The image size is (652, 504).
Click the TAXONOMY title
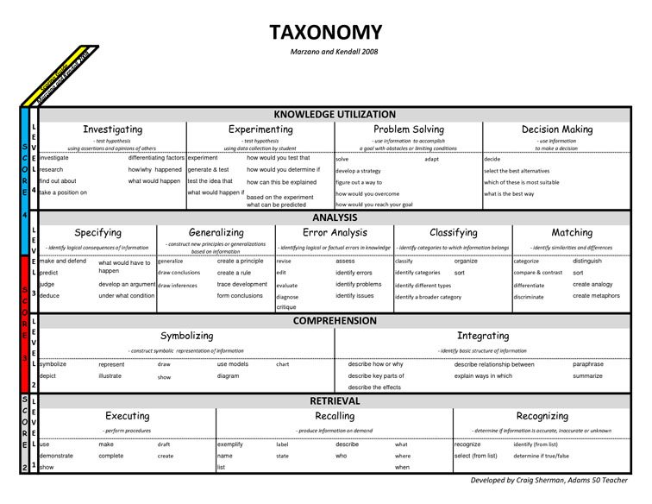pos(325,33)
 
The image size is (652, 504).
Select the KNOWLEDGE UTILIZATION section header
pos(335,115)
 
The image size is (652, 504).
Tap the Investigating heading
pos(112,129)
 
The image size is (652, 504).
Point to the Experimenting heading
pos(260,129)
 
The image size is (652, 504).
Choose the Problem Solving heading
pos(409,129)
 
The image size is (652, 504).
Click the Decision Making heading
pos(557,129)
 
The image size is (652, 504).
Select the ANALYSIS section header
pos(335,217)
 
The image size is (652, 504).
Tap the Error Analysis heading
pos(335,233)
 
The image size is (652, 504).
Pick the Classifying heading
pos(454,233)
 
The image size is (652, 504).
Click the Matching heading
pos(573,233)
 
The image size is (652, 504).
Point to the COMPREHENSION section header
pos(335,321)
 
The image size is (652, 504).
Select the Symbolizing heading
pos(187,336)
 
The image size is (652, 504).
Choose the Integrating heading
pos(483,336)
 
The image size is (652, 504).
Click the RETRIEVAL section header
pos(335,401)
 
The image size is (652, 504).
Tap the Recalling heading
pos(335,416)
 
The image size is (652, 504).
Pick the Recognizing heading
pos(542,416)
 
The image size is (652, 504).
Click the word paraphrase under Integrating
pos(588,364)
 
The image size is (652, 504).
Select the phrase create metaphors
pos(596,296)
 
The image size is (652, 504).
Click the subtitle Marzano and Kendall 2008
pos(325,52)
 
